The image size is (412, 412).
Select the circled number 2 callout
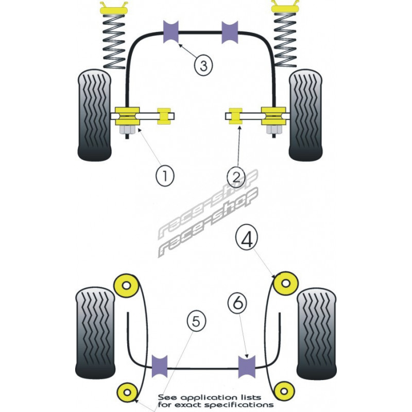click(x=236, y=177)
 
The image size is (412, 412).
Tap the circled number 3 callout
click(x=203, y=65)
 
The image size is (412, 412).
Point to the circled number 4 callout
click(x=248, y=239)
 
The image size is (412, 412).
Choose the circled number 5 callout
click(x=195, y=322)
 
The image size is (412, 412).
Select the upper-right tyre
click(x=305, y=115)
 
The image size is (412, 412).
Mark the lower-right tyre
click(x=317, y=333)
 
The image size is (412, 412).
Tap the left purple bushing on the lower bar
click(x=161, y=366)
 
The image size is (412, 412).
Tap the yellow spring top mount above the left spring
click(x=114, y=8)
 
